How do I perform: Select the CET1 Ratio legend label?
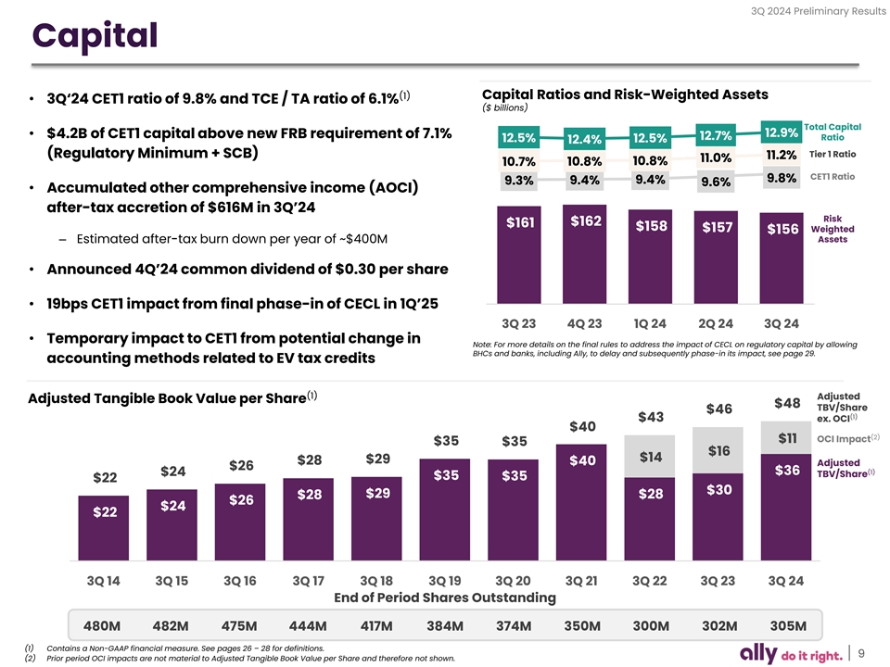[833, 177]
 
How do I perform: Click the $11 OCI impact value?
[787, 438]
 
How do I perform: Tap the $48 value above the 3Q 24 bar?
[787, 403]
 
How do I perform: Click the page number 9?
[861, 652]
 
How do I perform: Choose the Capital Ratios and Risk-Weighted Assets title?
[625, 95]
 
